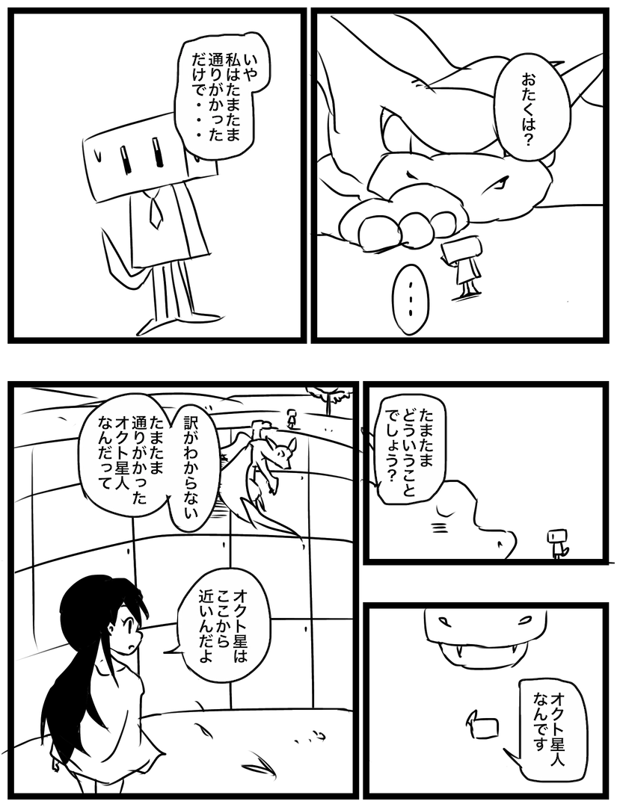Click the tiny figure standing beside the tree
pyautogui.click(x=292, y=418)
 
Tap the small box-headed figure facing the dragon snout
pyautogui.click(x=556, y=545)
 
